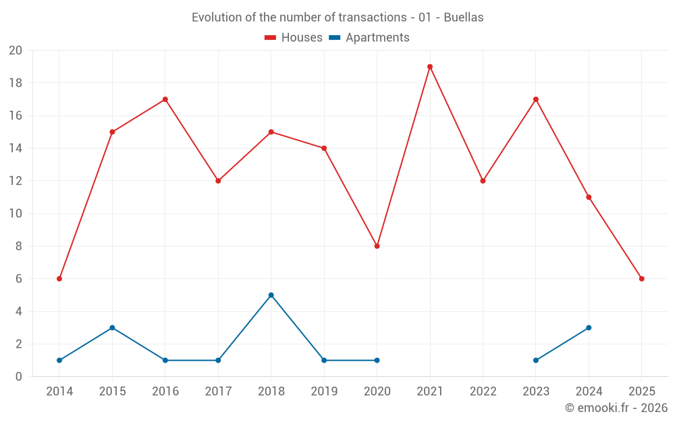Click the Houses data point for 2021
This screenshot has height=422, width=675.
430,67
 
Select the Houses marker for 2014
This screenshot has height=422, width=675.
59,279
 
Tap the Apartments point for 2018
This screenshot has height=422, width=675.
271,295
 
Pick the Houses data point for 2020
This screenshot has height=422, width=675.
377,246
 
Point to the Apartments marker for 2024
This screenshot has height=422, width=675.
589,327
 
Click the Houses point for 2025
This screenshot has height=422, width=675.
641,279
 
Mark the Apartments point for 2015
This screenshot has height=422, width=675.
112,327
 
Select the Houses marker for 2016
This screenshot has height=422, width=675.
165,99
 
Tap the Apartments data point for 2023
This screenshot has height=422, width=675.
536,360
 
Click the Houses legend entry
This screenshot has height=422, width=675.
294,38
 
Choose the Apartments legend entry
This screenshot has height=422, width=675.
369,38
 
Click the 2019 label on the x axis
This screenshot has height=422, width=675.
324,391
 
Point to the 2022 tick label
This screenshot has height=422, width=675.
483,391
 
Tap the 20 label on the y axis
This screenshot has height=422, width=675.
16,51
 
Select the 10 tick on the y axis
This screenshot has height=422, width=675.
16,213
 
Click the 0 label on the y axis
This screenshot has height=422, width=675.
19,376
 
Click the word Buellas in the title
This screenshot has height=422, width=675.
464,18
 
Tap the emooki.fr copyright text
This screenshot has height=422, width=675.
616,408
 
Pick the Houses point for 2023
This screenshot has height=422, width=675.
536,99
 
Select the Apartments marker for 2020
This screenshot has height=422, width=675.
377,360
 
